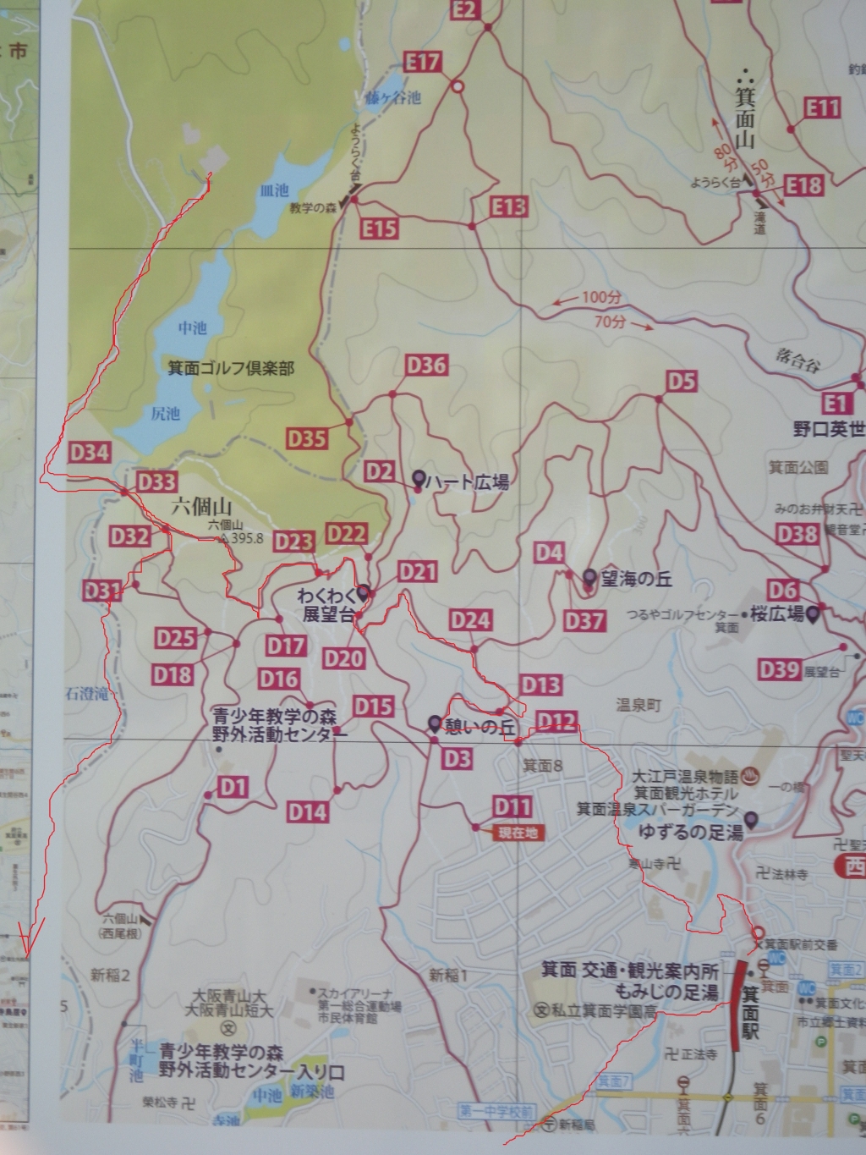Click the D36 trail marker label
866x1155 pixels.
coord(426,366)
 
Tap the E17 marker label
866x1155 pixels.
coord(423,62)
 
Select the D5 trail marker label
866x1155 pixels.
coord(681,382)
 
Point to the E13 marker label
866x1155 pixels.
coord(508,206)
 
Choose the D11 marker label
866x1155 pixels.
coord(512,806)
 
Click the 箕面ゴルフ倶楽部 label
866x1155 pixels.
coord(231,368)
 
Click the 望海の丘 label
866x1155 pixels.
coord(635,580)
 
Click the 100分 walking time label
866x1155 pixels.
coord(601,298)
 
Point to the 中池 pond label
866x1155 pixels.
coord(193,327)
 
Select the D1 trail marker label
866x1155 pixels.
coord(233,789)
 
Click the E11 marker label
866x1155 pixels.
coord(821,107)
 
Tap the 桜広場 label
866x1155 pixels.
coord(776,614)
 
